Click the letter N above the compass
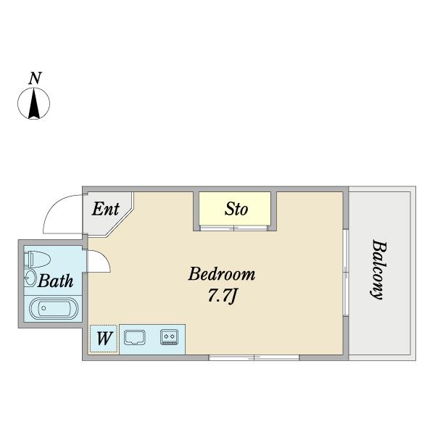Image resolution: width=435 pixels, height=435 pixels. click(35, 78)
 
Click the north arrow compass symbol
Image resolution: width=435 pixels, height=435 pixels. click(34, 103)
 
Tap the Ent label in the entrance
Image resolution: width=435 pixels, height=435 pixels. click(106, 209)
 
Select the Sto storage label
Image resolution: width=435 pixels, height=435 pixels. click(236, 209)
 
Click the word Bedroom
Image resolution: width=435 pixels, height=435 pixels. click(222, 274)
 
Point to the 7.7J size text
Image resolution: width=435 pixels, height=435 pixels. click(222, 297)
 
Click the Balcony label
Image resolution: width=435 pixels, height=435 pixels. click(378, 270)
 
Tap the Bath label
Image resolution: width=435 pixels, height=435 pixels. click(56, 281)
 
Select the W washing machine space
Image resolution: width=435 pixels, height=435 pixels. click(104, 339)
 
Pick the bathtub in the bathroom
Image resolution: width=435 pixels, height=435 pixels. click(54, 308)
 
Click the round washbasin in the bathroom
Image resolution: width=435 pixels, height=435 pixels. click(30, 278)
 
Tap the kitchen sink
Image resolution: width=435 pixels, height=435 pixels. click(135, 337)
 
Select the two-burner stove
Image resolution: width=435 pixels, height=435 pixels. click(169, 337)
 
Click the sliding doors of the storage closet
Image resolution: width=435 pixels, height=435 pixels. click(234, 228)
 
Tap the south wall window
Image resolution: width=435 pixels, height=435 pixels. click(254, 357)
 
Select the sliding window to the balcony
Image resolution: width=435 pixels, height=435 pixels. click(346, 272)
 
